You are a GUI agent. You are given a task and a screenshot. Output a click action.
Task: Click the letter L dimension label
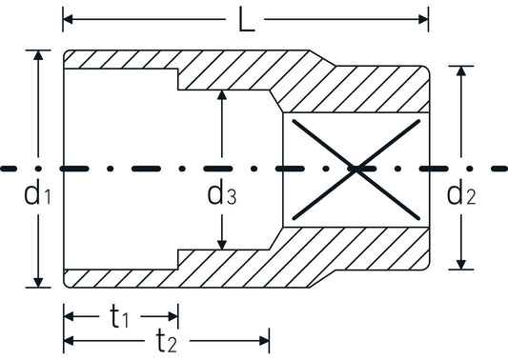246,19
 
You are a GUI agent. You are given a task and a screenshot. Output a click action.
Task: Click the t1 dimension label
119,317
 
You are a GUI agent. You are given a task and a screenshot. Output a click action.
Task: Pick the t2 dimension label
167,341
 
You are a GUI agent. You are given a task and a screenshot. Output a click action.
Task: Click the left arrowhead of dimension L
68,19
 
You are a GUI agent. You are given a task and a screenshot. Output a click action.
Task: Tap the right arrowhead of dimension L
423,19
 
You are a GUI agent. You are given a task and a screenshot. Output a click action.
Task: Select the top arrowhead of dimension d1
38,55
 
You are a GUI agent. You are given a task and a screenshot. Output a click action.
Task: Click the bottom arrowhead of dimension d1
38,282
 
